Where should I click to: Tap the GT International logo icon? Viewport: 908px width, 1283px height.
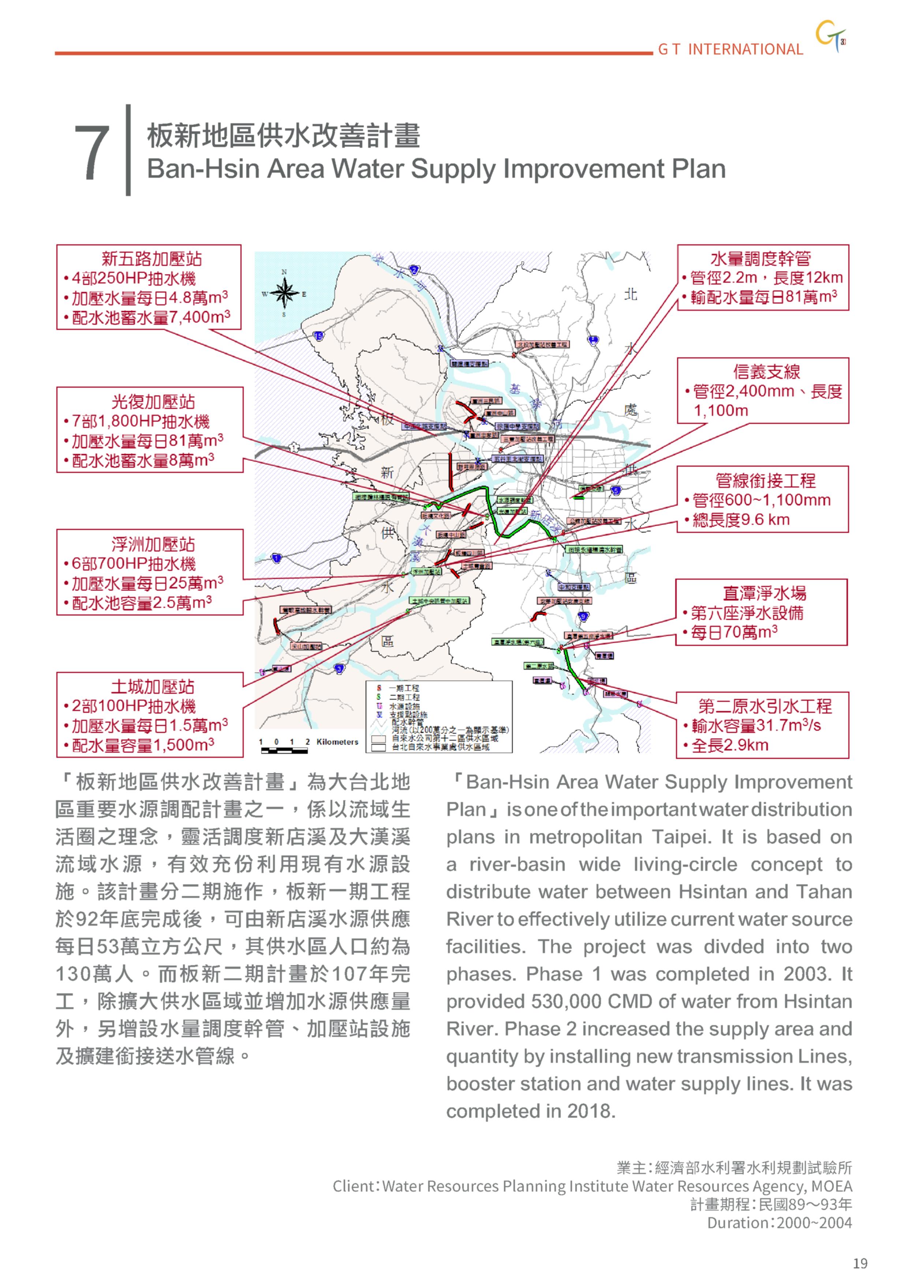tap(830, 36)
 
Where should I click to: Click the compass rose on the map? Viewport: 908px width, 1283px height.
tap(284, 293)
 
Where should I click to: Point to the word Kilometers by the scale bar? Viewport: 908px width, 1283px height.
tap(337, 742)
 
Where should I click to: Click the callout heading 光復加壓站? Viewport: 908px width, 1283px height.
tap(153, 402)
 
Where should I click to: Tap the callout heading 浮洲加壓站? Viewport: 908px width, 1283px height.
tap(153, 544)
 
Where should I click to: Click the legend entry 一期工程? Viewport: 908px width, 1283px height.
tap(404, 688)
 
